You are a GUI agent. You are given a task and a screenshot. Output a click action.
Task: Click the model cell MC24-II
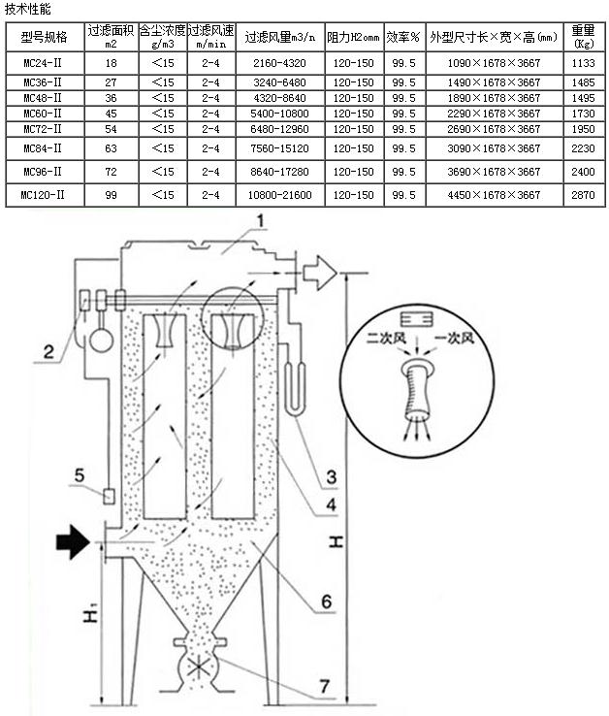pos(43,63)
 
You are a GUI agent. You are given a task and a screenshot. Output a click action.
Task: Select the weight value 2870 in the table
pos(583,195)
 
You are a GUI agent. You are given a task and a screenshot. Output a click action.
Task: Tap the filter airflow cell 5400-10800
pos(279,114)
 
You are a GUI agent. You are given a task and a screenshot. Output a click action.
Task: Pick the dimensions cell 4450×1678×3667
pos(494,195)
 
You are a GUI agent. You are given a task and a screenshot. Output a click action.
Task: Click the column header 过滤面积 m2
pos(111,37)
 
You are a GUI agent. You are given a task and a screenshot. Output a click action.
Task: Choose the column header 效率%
pos(403,37)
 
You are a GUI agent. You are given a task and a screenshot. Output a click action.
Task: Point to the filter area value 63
pos(111,148)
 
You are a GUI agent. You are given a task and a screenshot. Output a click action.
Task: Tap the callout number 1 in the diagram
pos(260,221)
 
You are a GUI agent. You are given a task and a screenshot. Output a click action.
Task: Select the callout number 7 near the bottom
pos(324,686)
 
